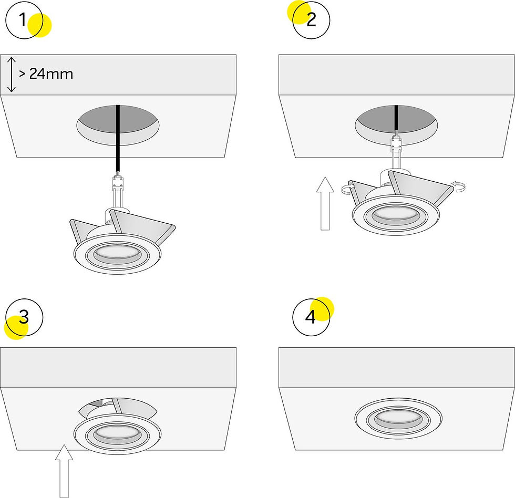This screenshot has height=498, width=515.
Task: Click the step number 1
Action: [22, 19]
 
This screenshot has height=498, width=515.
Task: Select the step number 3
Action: [24, 317]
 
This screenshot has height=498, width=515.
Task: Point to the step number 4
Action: [311, 317]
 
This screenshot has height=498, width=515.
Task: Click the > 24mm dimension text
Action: [46, 74]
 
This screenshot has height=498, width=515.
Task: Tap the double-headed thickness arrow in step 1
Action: [12, 75]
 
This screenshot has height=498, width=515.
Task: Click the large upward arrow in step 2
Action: [325, 203]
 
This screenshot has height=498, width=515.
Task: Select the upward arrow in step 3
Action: [64, 471]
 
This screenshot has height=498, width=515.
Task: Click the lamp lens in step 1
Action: [118, 252]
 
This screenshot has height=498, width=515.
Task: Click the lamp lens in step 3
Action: [118, 434]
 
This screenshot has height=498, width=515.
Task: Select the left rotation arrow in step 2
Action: [348, 189]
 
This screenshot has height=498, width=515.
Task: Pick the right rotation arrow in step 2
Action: [458, 186]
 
